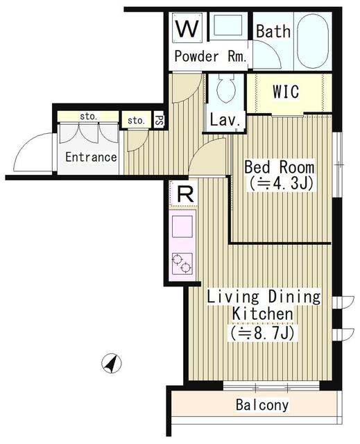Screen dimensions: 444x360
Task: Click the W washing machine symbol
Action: point(187,29)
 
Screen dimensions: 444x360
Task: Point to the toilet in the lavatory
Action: point(225,89)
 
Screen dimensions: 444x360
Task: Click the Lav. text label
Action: point(225,120)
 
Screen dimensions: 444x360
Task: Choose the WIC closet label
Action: point(285,91)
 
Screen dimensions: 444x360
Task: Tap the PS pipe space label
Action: point(159,121)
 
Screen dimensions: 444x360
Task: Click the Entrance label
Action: point(91,157)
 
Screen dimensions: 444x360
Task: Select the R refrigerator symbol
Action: point(185,194)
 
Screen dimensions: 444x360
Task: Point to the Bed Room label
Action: point(279,168)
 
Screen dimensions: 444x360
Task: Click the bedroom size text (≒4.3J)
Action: point(280,185)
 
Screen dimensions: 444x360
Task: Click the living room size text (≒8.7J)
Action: point(264,332)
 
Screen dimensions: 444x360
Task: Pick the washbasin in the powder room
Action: point(225,28)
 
